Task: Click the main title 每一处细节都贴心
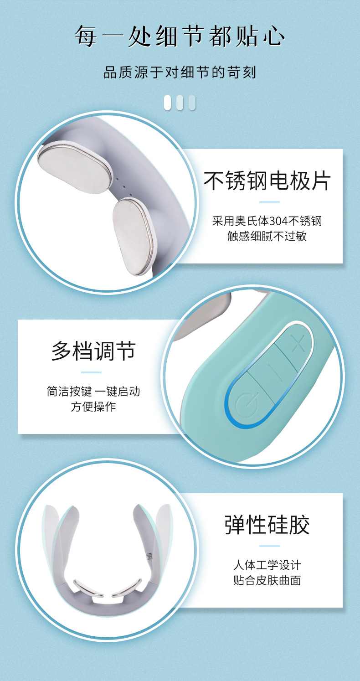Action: point(180,36)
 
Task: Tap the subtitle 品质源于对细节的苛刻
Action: point(180,72)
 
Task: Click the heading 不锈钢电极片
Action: point(267,181)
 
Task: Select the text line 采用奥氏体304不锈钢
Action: point(267,221)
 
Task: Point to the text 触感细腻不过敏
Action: point(267,236)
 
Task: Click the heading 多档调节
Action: point(93,351)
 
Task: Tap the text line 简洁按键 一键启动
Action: point(93,391)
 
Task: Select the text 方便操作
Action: point(93,406)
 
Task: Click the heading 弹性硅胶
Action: point(267,525)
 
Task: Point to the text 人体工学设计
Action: point(267,565)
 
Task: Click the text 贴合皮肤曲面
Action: point(267,580)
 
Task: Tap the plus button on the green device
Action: point(297,343)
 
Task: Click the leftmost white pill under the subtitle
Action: point(168,102)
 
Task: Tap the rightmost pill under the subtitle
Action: point(192,102)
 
